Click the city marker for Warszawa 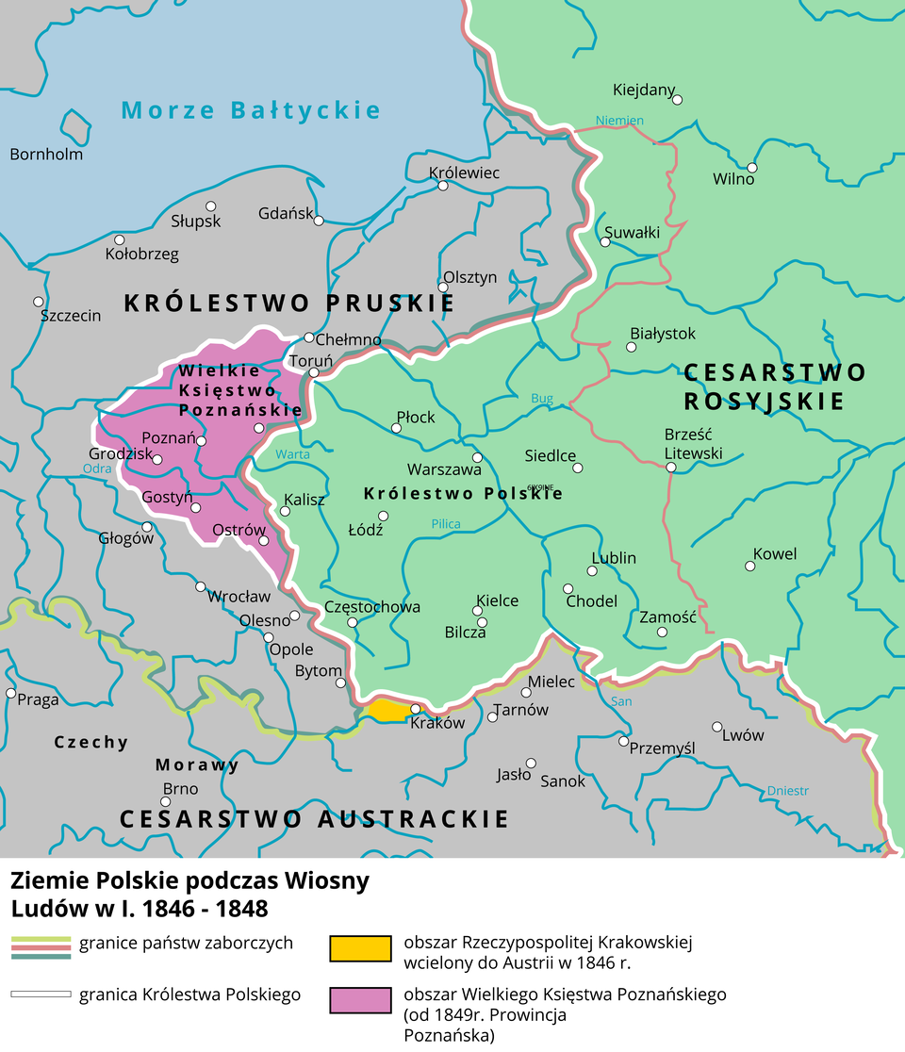[x=477, y=457]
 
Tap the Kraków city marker [x=415, y=709]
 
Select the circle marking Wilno [x=751, y=168]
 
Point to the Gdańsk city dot [x=319, y=221]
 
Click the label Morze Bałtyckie [x=251, y=110]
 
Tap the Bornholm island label [x=46, y=154]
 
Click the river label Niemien [x=619, y=121]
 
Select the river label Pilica [x=446, y=524]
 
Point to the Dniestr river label [x=788, y=790]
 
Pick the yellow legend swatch [x=360, y=948]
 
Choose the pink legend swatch [x=360, y=999]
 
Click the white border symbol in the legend [x=41, y=994]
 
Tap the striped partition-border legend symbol [x=41, y=947]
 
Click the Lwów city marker [x=717, y=727]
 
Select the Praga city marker [x=10, y=693]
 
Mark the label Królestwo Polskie [x=463, y=493]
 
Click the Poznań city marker [x=201, y=440]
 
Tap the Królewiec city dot [x=442, y=186]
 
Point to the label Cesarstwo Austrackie [x=314, y=818]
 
